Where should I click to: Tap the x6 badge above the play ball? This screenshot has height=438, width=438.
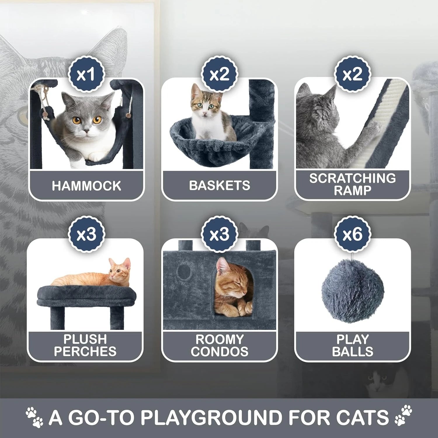353,234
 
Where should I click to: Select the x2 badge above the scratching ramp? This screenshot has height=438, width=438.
353,74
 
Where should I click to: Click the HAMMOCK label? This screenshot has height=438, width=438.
86,186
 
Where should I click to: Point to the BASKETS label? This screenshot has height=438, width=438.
220,185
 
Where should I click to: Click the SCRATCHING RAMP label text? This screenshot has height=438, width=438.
353,184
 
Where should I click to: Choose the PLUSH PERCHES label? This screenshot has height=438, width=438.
85,345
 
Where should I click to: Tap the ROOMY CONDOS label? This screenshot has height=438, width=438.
220,345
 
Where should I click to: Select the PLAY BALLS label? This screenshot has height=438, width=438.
353,345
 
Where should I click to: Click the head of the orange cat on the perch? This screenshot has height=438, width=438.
120,270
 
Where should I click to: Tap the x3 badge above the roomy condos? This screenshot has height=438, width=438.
220,234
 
